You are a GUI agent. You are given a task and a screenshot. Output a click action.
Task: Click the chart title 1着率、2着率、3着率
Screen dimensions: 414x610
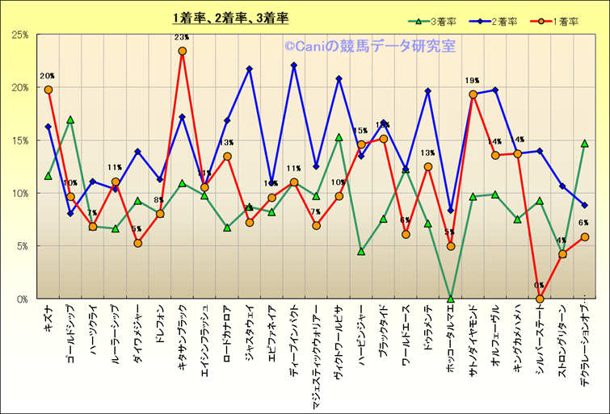pos(229,18)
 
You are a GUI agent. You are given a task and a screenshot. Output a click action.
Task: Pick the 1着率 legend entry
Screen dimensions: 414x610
pos(549,22)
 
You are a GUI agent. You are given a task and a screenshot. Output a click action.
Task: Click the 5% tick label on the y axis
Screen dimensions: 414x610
pos(23,246)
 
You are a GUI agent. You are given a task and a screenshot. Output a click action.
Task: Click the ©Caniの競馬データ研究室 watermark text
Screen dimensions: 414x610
pos(369,47)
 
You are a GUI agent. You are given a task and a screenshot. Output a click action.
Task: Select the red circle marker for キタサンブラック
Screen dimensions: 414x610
pos(183,51)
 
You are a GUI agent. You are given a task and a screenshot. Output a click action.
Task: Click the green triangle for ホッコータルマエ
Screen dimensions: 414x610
pos(451,299)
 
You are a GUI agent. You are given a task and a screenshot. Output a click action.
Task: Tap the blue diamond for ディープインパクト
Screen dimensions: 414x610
pos(294,65)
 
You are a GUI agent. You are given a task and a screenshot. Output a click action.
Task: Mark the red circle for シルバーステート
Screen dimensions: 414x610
pos(540,299)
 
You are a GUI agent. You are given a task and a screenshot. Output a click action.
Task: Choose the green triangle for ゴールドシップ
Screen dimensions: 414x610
pos(70,119)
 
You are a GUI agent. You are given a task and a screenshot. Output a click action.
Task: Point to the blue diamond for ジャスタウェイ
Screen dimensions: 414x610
pos(250,69)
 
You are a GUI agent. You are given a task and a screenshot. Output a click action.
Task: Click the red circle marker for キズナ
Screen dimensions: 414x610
pos(48,90)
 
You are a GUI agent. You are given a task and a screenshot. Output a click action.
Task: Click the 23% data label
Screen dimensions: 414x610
pos(182,37)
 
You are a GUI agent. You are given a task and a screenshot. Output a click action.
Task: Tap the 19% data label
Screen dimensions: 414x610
pos(473,81)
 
